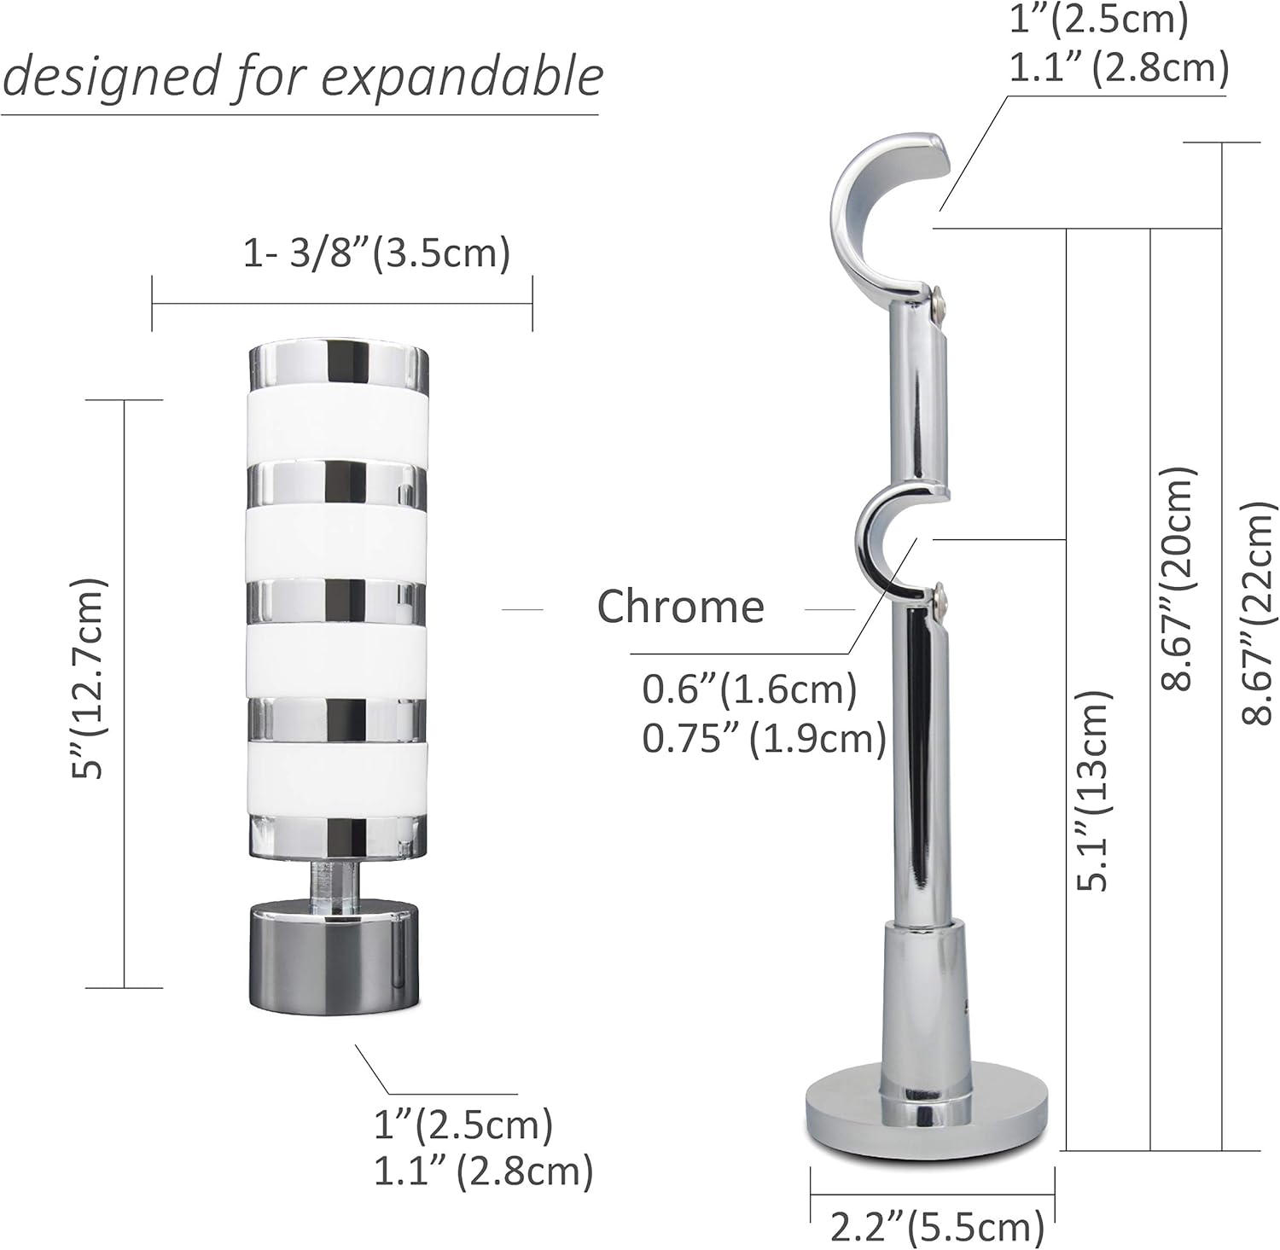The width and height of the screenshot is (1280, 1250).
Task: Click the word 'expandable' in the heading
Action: pos(463,78)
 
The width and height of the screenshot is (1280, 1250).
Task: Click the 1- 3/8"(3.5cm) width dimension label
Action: pos(376,253)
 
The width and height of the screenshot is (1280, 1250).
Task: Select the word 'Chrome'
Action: pos(680,607)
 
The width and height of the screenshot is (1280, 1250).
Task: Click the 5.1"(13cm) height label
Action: pos(1093,789)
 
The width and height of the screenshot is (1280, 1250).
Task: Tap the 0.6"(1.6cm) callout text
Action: pos(749,689)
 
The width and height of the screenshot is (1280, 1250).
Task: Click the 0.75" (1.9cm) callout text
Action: pos(764,738)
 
